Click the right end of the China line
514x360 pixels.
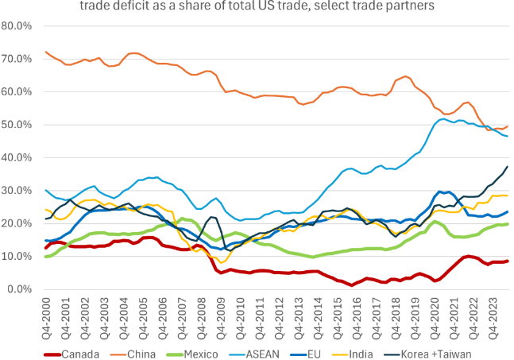pos(508,126)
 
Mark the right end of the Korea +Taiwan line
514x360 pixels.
pos(508,167)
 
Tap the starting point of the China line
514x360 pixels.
pos(46,52)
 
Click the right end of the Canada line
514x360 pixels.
pos(508,261)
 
